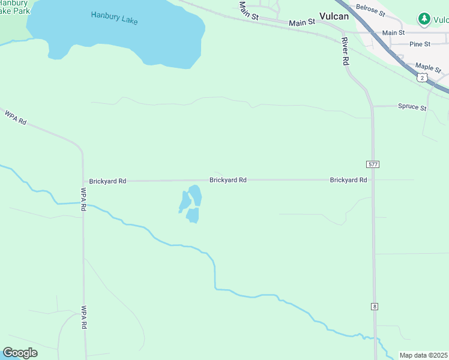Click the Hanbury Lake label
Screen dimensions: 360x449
(x=114, y=18)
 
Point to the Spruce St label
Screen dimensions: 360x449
(x=412, y=108)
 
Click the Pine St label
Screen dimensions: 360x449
(x=419, y=44)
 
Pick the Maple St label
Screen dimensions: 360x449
(x=428, y=67)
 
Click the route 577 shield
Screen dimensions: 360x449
(x=373, y=164)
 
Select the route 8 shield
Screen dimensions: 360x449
(x=375, y=307)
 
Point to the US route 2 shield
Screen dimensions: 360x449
(x=423, y=77)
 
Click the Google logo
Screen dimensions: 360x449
(x=20, y=353)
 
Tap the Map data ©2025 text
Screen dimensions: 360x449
(x=424, y=355)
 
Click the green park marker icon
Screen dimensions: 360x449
(x=425, y=19)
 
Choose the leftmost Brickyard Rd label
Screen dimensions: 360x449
(x=107, y=181)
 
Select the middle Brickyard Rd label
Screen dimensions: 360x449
(x=228, y=180)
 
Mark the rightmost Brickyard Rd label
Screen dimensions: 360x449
(x=348, y=180)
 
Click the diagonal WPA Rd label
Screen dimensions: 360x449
(x=16, y=117)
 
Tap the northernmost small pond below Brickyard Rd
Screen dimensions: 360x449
(x=195, y=195)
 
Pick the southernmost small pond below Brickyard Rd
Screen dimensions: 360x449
(x=193, y=215)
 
